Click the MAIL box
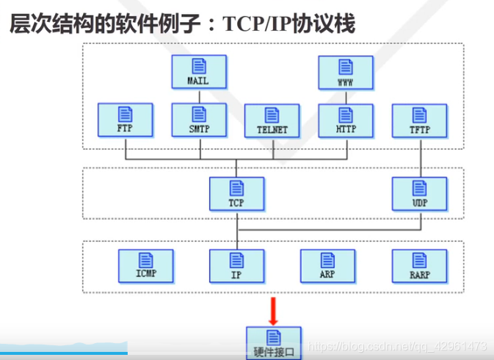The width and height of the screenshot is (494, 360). (198, 72)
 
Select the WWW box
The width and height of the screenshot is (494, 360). (345, 72)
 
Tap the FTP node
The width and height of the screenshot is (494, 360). (126, 120)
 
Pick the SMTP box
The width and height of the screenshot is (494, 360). (198, 120)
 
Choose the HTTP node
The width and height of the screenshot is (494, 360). (345, 120)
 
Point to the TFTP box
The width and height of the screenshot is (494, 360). (419, 120)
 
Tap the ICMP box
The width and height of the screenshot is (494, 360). (146, 266)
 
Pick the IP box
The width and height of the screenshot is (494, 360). (236, 266)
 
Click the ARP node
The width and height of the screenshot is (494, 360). (327, 266)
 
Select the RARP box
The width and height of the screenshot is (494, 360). (419, 266)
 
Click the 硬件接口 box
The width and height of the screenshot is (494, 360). (274, 342)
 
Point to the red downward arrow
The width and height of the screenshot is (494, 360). (274, 310)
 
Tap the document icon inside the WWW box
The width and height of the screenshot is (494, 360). (345, 65)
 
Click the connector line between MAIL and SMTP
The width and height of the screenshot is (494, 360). (198, 96)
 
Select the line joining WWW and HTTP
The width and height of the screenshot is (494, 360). (345, 96)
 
